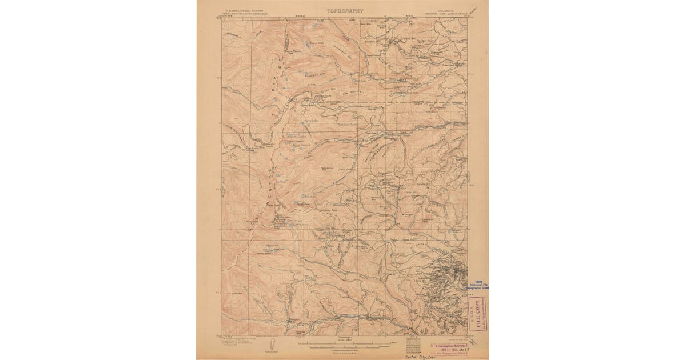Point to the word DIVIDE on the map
tap(278, 77)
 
